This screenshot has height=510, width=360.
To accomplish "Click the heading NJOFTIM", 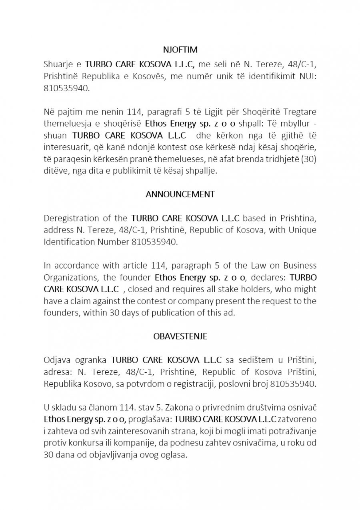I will point(180,50).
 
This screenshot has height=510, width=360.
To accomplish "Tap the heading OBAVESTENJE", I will point(180,336).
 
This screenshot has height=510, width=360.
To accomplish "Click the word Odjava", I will point(55,360).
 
